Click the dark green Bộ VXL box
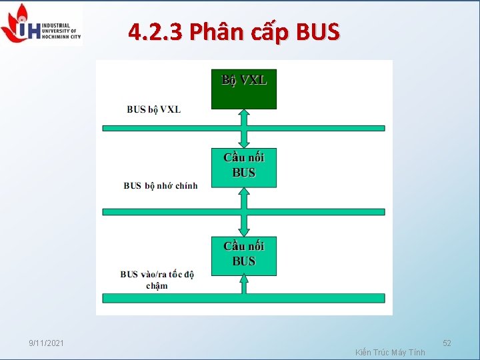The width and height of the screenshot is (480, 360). click(244, 89)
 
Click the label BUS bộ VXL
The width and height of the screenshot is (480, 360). click(154, 109)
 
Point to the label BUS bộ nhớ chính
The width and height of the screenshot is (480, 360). click(161, 185)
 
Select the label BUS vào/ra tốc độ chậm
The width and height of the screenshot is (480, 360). click(157, 280)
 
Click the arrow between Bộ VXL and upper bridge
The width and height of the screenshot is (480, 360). click(244, 128)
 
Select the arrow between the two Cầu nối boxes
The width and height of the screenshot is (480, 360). click(244, 211)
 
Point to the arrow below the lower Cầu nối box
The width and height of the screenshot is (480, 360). click(244, 285)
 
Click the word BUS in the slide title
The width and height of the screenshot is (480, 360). click(316, 31)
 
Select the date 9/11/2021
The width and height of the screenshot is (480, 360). click(47, 343)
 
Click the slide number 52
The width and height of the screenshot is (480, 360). click(447, 343)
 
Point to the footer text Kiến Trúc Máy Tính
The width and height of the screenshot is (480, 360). click(391, 352)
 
